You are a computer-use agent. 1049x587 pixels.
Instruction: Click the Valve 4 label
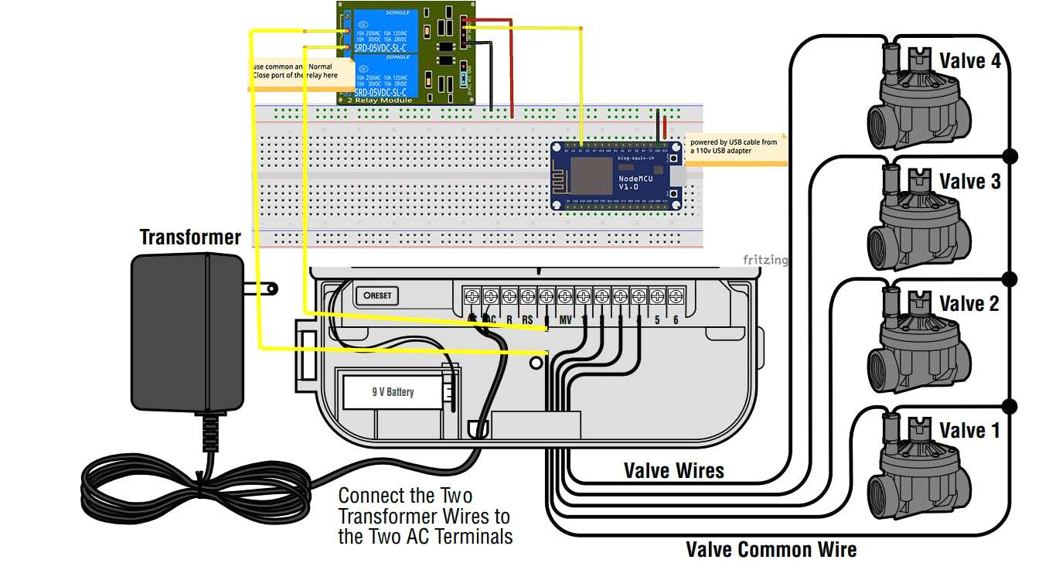(969, 60)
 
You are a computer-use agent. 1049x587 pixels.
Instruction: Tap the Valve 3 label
(969, 181)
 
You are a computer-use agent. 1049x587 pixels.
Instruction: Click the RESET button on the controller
(376, 295)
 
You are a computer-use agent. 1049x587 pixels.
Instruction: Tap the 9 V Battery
(393, 392)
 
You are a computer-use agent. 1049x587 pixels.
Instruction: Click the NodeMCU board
(618, 176)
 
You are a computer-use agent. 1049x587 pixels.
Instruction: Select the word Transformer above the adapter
(190, 237)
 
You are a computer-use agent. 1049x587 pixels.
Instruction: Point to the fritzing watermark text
(765, 260)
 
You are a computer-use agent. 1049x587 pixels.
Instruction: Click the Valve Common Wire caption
(771, 550)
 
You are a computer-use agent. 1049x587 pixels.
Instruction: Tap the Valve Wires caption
(673, 470)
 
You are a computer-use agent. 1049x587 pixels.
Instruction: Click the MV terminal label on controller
(565, 319)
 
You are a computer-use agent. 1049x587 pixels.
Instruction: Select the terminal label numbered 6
(676, 319)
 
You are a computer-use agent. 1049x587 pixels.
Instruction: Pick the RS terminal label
(527, 319)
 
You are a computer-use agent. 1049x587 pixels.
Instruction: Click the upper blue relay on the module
(386, 32)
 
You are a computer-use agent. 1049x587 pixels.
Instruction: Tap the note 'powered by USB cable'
(734, 147)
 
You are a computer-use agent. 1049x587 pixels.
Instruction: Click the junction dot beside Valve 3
(1009, 156)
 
